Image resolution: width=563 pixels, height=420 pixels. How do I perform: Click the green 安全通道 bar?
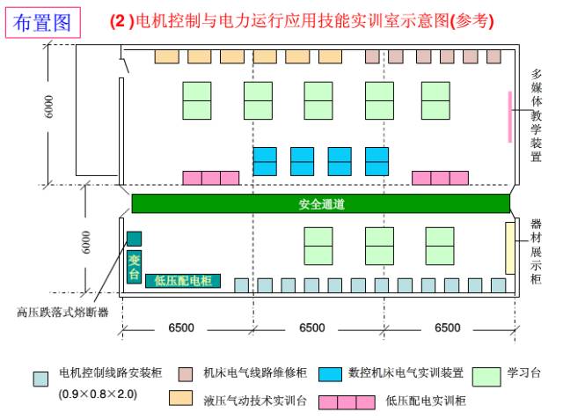pos(320,204)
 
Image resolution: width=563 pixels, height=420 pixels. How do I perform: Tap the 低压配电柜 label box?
pos(183,281)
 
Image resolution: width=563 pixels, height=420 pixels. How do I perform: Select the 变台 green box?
pos(134,267)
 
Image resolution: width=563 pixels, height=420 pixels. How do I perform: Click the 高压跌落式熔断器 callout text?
pos(62,311)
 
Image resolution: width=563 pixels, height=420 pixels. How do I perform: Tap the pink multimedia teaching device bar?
pos(509,115)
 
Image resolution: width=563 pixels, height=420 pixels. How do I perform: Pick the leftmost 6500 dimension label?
pos(181,328)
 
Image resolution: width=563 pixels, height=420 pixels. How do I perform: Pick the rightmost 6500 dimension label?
pos(447,328)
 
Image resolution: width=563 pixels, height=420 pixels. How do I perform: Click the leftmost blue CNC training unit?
pos(265,161)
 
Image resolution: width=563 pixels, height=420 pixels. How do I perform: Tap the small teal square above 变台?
pos(134,239)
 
